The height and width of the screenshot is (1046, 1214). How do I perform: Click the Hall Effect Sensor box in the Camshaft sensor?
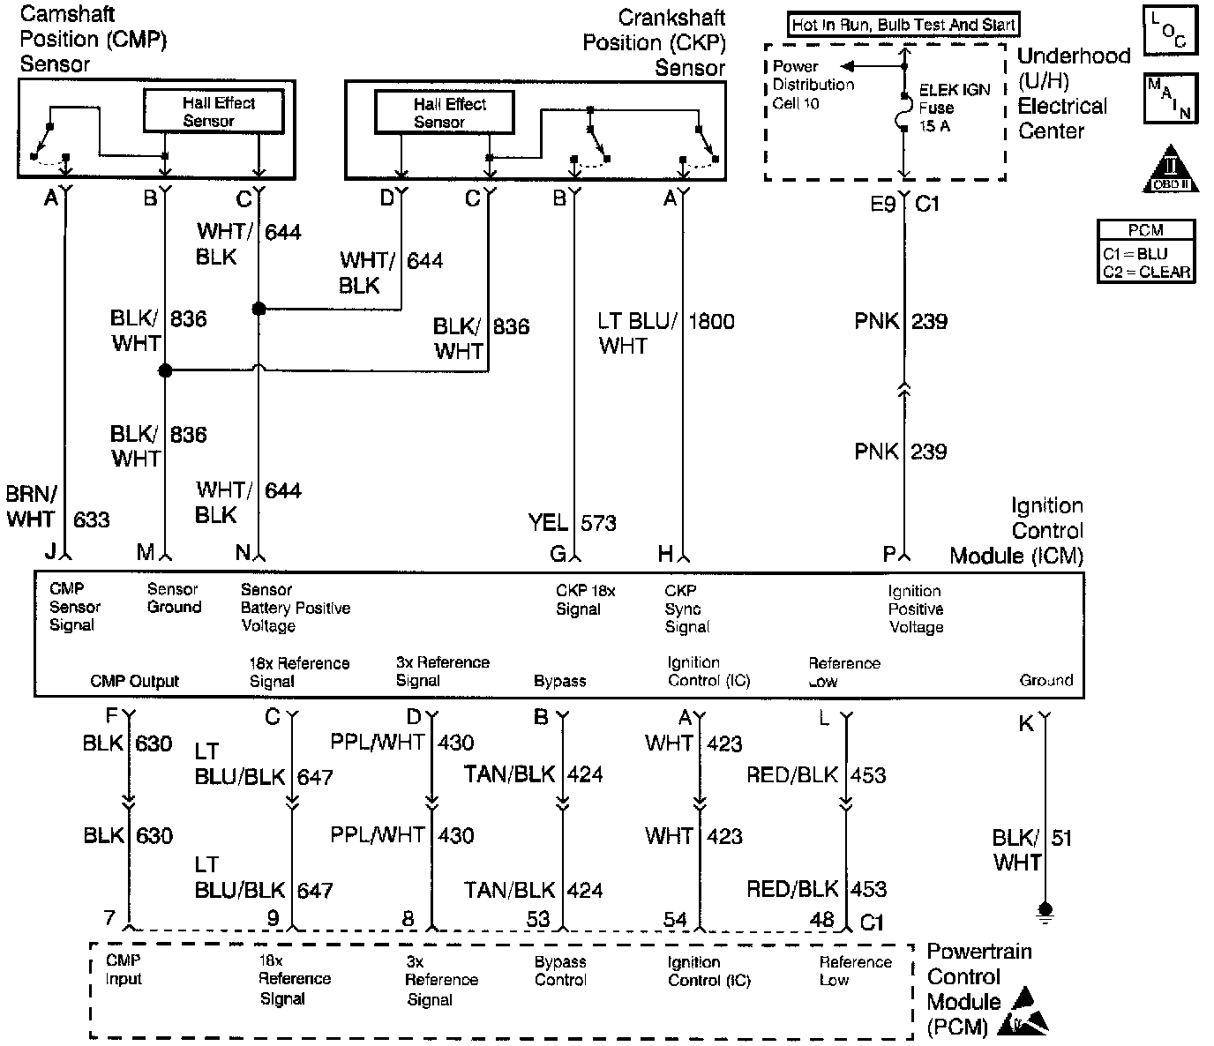tap(214, 112)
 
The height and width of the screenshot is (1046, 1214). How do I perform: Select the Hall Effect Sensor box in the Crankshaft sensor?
tap(445, 113)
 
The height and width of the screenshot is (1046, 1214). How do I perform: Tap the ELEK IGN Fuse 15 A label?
tap(954, 108)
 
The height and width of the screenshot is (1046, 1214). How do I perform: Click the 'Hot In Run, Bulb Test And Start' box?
tap(903, 25)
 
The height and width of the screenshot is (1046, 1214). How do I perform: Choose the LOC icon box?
tap(1170, 32)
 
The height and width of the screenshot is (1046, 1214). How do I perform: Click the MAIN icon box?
tap(1170, 97)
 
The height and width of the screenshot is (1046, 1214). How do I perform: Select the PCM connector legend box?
tap(1146, 251)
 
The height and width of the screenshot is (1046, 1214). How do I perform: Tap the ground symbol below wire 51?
tap(1045, 910)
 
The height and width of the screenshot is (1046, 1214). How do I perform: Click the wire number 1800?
tap(711, 321)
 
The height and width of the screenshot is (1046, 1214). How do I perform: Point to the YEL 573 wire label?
tap(572, 523)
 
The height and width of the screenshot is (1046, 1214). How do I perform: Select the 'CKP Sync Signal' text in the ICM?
tap(686, 609)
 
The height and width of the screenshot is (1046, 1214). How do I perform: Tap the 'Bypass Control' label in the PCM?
tap(560, 970)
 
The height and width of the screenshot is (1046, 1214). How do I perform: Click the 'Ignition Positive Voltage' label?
tap(916, 609)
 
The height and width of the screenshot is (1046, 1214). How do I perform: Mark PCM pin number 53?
tap(538, 919)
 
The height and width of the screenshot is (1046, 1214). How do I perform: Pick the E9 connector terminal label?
tap(883, 205)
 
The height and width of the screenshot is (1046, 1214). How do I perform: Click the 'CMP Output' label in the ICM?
tap(134, 681)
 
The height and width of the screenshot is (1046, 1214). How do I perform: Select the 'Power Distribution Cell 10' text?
tap(813, 85)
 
